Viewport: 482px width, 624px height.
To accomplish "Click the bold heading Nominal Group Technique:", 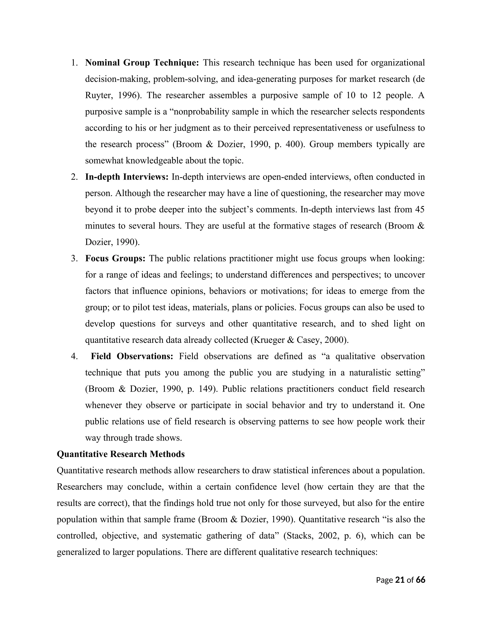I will pyautogui.click(x=142, y=63).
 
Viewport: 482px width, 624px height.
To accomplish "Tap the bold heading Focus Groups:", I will pyautogui.click(x=115, y=259).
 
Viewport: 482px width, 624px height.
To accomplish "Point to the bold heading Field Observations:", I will pyautogui.click(x=132, y=357).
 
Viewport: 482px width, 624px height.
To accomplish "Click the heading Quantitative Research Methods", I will pyautogui.click(x=120, y=454).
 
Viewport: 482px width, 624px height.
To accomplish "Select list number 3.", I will pyautogui.click(x=74, y=259).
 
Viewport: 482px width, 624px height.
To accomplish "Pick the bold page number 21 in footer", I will pyautogui.click(x=400, y=580).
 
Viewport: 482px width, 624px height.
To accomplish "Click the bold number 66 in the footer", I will pyautogui.click(x=420, y=580).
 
